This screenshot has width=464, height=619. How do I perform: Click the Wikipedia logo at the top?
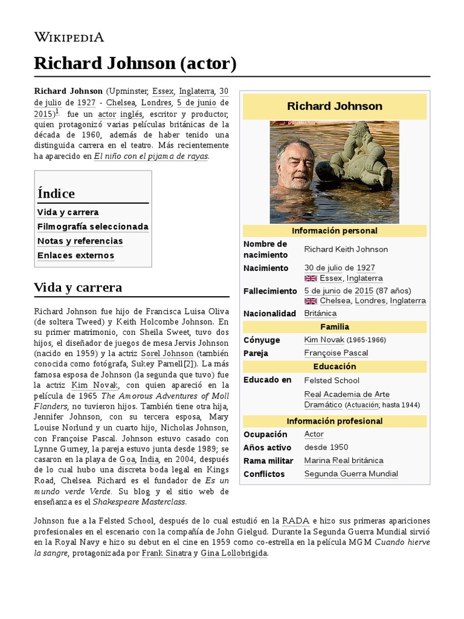(x=69, y=37)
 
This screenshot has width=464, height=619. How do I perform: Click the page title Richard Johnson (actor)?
(x=135, y=63)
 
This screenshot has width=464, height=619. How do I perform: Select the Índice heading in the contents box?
(x=56, y=193)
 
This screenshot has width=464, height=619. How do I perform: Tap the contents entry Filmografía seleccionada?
(x=92, y=227)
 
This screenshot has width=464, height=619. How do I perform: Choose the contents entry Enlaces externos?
(x=76, y=255)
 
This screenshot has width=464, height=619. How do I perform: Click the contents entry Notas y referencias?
(x=80, y=241)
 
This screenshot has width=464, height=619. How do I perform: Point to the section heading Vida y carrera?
(x=78, y=287)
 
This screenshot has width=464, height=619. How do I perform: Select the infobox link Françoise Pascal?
(x=336, y=353)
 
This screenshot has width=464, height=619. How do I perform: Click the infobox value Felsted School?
(x=332, y=380)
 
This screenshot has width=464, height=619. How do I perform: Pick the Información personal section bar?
(x=334, y=231)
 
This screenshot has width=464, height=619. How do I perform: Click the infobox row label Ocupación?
(x=265, y=434)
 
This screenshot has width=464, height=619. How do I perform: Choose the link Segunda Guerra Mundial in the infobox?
(x=351, y=474)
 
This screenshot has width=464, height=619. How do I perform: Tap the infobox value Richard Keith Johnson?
(x=346, y=249)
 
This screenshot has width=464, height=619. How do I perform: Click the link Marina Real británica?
(x=344, y=461)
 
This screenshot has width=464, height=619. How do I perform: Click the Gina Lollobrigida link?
(x=233, y=553)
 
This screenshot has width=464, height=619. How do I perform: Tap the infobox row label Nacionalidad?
(x=269, y=313)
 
